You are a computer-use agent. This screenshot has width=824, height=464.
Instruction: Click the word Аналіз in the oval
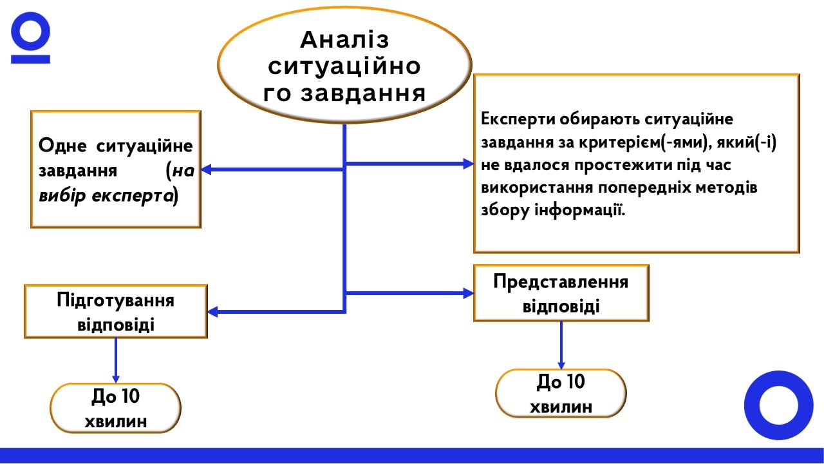coord(344,40)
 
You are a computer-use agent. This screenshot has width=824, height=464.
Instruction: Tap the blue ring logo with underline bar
coord(30,39)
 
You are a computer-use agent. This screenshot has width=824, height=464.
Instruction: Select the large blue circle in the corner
coord(778,405)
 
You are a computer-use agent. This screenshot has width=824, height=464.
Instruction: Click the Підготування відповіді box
coord(116,312)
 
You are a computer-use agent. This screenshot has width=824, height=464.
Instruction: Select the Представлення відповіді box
coord(561,293)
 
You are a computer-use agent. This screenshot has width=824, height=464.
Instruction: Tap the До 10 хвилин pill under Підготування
coord(116,409)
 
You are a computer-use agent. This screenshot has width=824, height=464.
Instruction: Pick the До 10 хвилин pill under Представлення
coord(561,394)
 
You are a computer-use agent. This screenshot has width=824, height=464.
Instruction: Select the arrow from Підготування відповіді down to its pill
coord(116,360)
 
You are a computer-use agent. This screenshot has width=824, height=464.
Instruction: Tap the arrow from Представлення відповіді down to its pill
coord(561,345)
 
